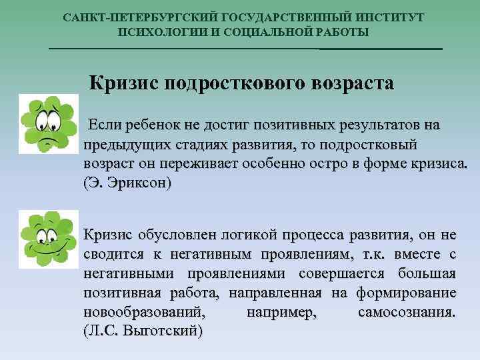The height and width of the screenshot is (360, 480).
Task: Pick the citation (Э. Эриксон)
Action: point(127,183)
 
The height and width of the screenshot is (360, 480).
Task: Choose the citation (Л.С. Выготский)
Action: point(143,331)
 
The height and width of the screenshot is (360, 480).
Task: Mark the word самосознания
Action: point(407,312)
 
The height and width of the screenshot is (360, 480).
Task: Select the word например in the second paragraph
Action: point(281,312)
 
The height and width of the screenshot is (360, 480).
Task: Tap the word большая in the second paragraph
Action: point(426,273)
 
